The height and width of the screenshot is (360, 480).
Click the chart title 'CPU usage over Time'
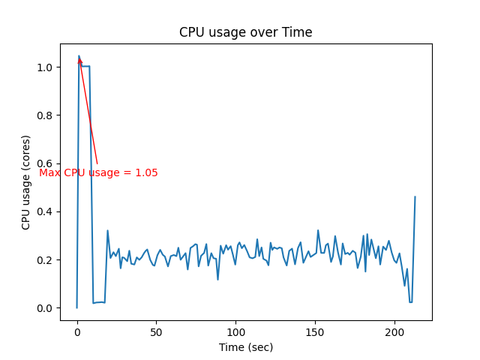tap(245, 33)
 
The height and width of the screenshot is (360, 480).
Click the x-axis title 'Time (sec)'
tap(246, 347)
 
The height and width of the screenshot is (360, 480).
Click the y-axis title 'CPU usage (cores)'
tap(26, 182)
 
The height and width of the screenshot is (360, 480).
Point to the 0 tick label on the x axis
tap(77, 331)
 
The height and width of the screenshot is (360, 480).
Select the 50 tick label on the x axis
tap(156, 331)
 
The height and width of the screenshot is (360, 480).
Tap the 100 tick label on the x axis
tap(235, 331)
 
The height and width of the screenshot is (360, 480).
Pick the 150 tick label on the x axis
tap(315, 331)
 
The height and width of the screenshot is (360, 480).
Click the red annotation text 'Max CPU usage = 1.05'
tap(98, 173)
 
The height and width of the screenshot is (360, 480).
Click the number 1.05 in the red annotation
tap(146, 173)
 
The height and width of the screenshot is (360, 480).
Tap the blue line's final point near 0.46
tap(415, 197)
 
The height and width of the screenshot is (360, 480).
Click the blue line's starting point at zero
tap(77, 307)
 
